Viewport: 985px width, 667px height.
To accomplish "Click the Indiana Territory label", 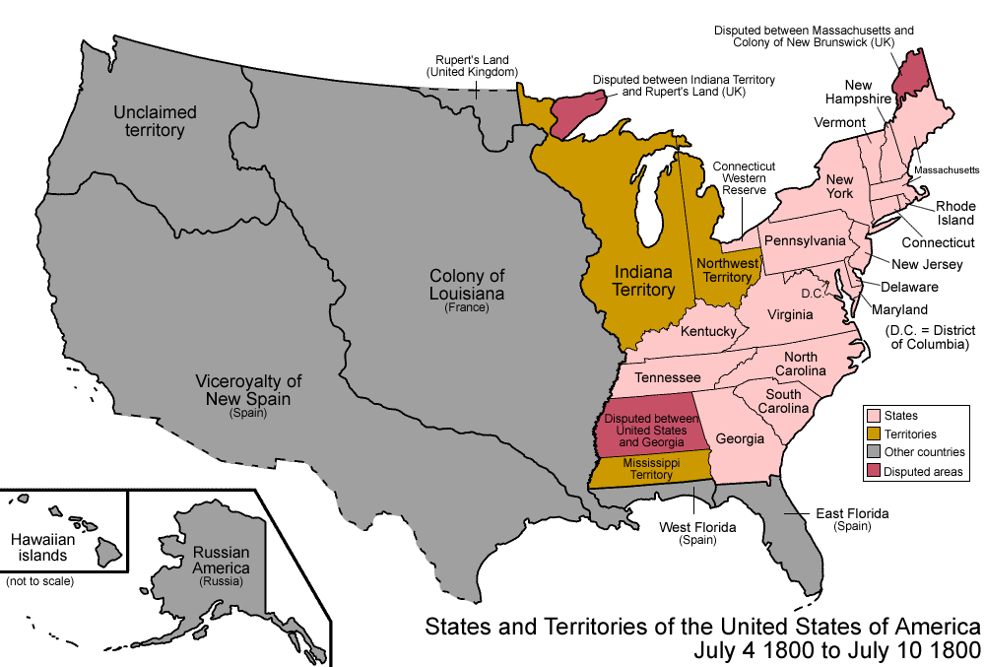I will tap(644, 280).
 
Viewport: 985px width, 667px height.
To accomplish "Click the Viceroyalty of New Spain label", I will tap(248, 391).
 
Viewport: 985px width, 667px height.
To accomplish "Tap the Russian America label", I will tap(221, 562).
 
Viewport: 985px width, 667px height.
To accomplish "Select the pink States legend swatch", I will tap(872, 415).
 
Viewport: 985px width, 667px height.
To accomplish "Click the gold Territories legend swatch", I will tap(872, 434).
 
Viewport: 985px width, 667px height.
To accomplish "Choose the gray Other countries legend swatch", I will tap(872, 452).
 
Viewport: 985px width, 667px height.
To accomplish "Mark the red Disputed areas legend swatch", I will tap(872, 472).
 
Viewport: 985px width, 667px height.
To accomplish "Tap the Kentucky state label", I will tap(709, 332).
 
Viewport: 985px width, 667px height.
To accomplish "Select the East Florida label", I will tap(852, 519).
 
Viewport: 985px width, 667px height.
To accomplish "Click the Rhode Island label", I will tap(955, 213).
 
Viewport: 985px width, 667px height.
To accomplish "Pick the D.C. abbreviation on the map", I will tap(812, 294).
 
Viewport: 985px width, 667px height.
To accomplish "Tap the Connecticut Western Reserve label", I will tap(746, 178).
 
